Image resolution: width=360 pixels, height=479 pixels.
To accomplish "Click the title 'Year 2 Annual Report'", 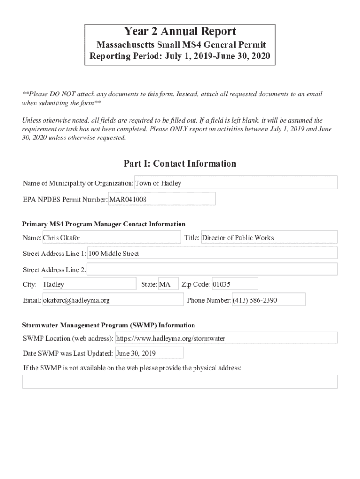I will pyautogui.click(x=180, y=32).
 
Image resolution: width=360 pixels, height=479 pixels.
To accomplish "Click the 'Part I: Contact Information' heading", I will pyautogui.click(x=180, y=164).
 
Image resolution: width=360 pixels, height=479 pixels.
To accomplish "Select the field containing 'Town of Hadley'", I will pyautogui.click(x=236, y=183).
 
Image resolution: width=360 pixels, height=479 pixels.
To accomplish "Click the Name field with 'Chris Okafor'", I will pyautogui.click(x=111, y=238).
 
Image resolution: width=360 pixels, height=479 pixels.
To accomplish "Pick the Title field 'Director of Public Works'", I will pyautogui.click(x=269, y=238).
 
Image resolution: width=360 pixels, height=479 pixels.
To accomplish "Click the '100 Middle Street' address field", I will pyautogui.click(x=212, y=254).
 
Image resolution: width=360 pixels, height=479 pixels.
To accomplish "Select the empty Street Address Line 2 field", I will pyautogui.click(x=212, y=269).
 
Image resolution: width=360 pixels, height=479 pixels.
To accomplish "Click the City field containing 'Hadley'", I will pyautogui.click(x=89, y=284).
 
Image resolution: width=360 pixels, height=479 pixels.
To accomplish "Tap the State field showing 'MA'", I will pyautogui.click(x=168, y=284).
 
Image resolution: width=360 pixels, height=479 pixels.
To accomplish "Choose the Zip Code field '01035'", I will pyautogui.click(x=234, y=284).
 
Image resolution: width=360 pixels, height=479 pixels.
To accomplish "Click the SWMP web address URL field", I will pyautogui.click(x=226, y=338).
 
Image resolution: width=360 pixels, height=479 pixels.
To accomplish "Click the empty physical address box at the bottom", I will pyautogui.click(x=180, y=382).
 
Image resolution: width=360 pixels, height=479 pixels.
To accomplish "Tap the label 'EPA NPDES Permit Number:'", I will pyautogui.click(x=65, y=200).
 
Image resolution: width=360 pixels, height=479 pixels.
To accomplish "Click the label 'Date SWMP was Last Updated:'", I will pyautogui.click(x=68, y=354).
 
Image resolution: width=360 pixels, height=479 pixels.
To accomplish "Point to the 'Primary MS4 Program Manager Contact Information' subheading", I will pyautogui.click(x=104, y=224).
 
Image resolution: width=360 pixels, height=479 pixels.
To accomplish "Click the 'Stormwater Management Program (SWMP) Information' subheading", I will pyautogui.click(x=109, y=325).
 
